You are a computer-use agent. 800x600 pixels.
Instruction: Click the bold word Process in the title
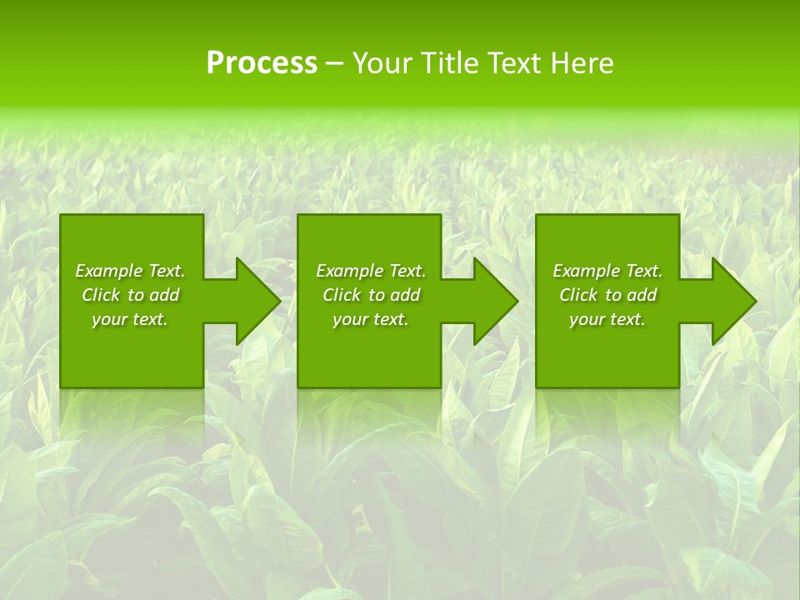[262, 63]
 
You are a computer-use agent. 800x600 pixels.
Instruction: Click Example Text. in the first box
[130, 271]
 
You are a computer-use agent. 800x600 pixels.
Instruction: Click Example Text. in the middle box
[371, 271]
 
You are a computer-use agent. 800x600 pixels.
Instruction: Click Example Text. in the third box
[607, 271]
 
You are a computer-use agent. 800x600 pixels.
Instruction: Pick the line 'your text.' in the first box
[130, 319]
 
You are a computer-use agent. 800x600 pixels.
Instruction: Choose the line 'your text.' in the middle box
[371, 319]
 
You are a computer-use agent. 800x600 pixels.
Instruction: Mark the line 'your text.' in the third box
[607, 319]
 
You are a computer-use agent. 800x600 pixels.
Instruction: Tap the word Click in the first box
[100, 295]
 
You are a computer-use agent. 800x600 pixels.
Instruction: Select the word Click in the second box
[341, 295]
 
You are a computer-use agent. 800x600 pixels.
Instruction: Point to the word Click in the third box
[577, 295]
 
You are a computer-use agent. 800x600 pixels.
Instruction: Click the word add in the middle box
[405, 295]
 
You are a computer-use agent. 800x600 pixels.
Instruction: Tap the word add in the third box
[642, 295]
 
